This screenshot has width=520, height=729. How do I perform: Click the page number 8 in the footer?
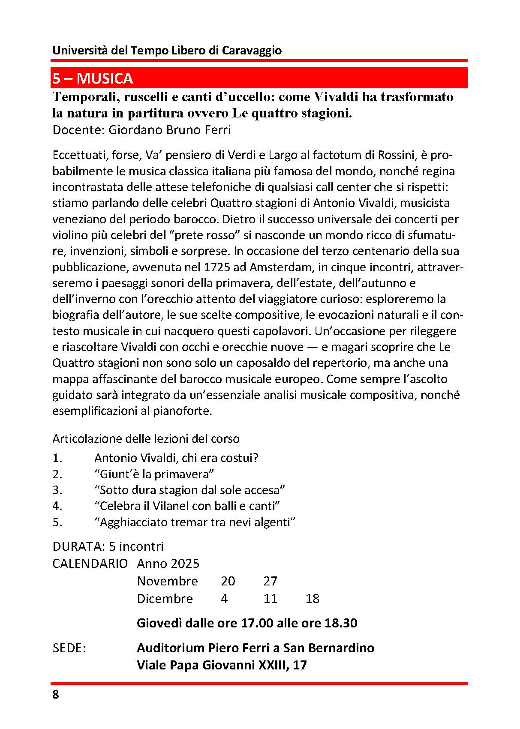(56, 694)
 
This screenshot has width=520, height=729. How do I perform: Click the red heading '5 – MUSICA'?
(93, 78)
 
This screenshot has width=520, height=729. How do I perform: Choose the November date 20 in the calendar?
(228, 581)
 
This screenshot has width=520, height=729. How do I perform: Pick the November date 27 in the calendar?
(271, 581)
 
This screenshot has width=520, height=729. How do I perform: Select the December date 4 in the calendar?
(224, 599)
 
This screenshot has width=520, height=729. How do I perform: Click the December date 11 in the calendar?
(271, 599)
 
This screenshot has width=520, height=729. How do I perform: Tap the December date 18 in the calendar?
(313, 599)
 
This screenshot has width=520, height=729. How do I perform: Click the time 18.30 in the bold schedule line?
(341, 623)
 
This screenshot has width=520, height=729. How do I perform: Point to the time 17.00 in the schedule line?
(257, 623)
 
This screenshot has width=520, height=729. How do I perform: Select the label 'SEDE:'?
(69, 648)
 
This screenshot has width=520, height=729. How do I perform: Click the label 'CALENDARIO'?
(90, 564)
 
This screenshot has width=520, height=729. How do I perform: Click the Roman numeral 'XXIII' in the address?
(273, 665)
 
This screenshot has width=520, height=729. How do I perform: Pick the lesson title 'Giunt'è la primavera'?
(154, 474)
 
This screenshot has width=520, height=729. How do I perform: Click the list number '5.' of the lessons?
(57, 522)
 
